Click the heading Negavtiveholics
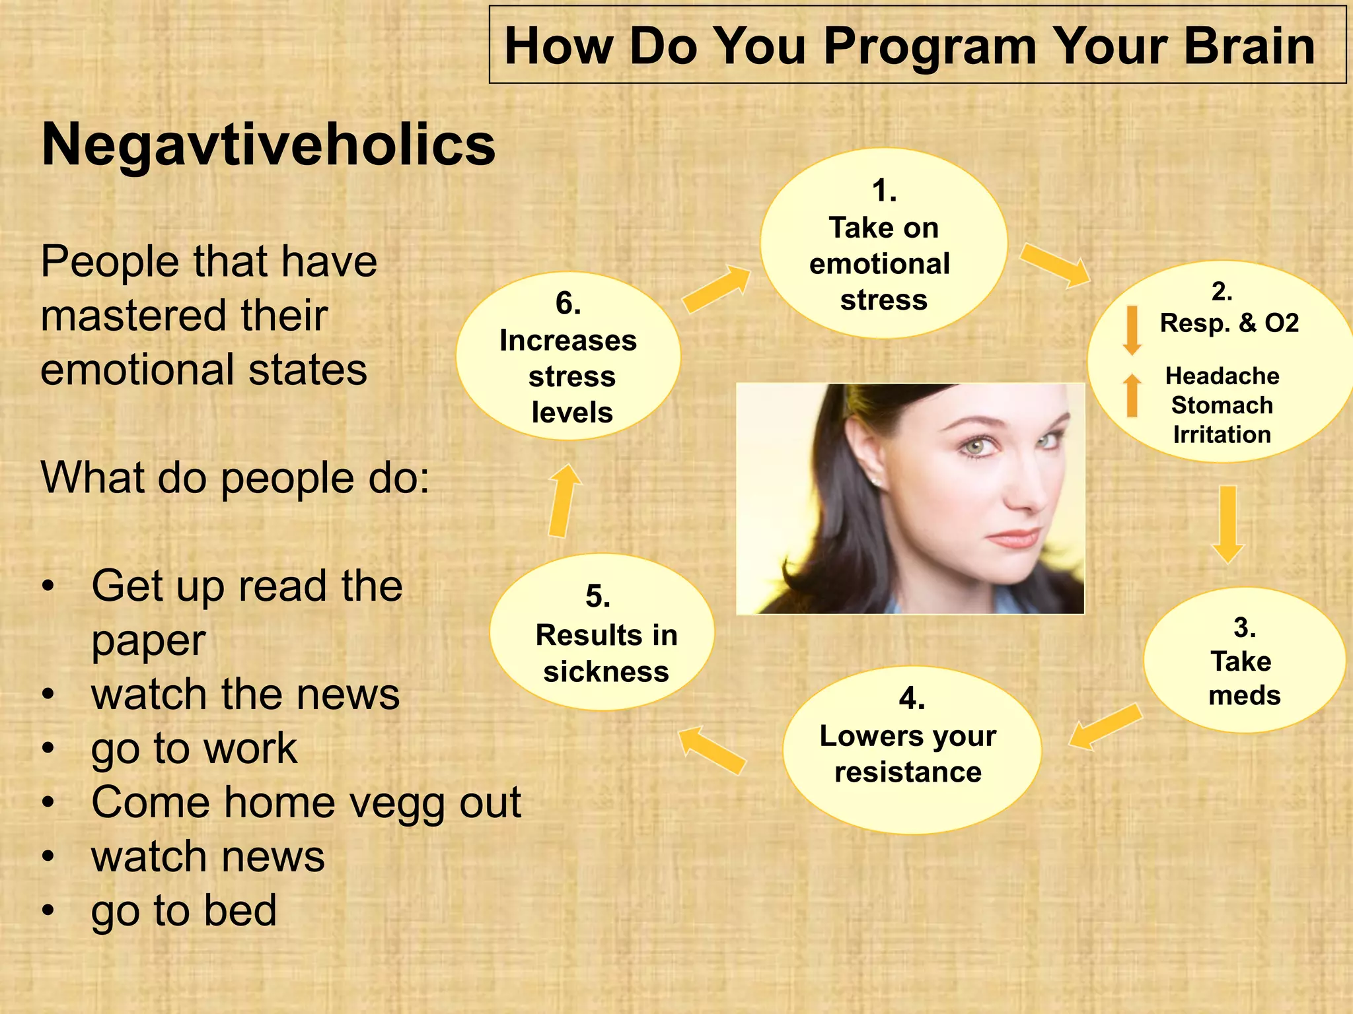pos(268,145)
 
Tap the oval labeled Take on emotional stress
pos(883,244)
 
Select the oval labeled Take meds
pos(1243,660)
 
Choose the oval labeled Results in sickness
pos(602,632)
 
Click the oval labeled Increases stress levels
pos(568,357)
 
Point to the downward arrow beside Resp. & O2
pos(1132,329)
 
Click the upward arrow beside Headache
pos(1132,395)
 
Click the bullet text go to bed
pos(184,911)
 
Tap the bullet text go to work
pos(194,749)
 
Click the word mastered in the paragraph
pos(184,316)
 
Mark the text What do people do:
pos(235,477)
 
